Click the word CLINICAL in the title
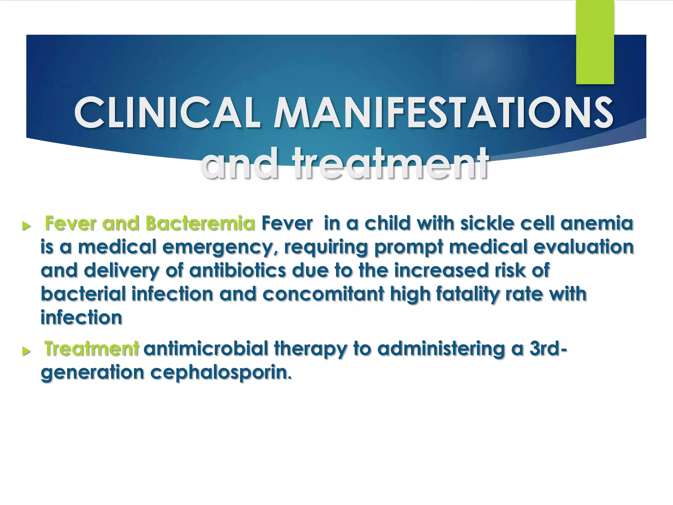pyautogui.click(x=168, y=112)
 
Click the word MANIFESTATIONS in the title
pyautogui.click(x=443, y=112)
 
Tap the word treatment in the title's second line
pyautogui.click(x=391, y=163)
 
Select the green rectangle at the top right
pyautogui.click(x=595, y=42)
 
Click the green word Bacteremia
pyautogui.click(x=200, y=223)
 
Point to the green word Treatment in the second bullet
pyautogui.click(x=92, y=349)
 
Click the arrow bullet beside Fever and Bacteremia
pyautogui.click(x=26, y=226)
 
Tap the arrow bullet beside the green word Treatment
pyautogui.click(x=26, y=351)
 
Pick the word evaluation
pyautogui.click(x=583, y=247)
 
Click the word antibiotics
pyautogui.click(x=237, y=270)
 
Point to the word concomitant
pyautogui.click(x=323, y=294)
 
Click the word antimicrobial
pyautogui.click(x=206, y=349)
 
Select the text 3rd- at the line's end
pyautogui.click(x=548, y=349)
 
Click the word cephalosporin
pyautogui.click(x=221, y=373)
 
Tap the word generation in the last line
pyautogui.click(x=92, y=373)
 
